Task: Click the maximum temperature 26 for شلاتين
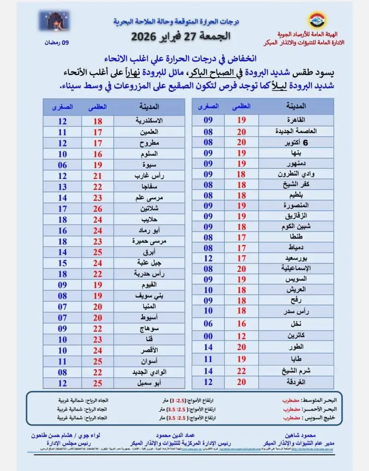coord(98,208)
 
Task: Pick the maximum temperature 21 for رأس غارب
coord(98,176)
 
